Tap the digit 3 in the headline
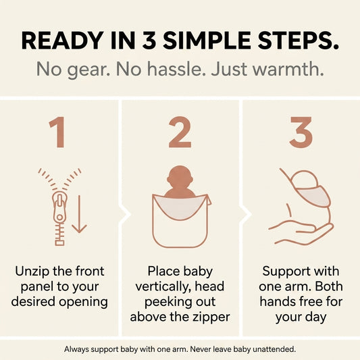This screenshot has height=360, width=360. click(149, 41)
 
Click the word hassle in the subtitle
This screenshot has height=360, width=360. click(176, 69)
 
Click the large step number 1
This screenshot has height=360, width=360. click(57, 132)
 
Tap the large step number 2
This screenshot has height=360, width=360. click(180, 132)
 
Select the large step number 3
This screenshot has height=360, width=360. click(301, 132)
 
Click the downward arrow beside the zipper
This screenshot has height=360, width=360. click(79, 214)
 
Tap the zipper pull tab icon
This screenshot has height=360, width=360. click(59, 209)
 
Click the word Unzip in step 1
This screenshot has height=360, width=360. click(32, 272)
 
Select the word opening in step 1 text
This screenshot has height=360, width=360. click(83, 303)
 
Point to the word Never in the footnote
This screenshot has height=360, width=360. click(199, 349)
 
